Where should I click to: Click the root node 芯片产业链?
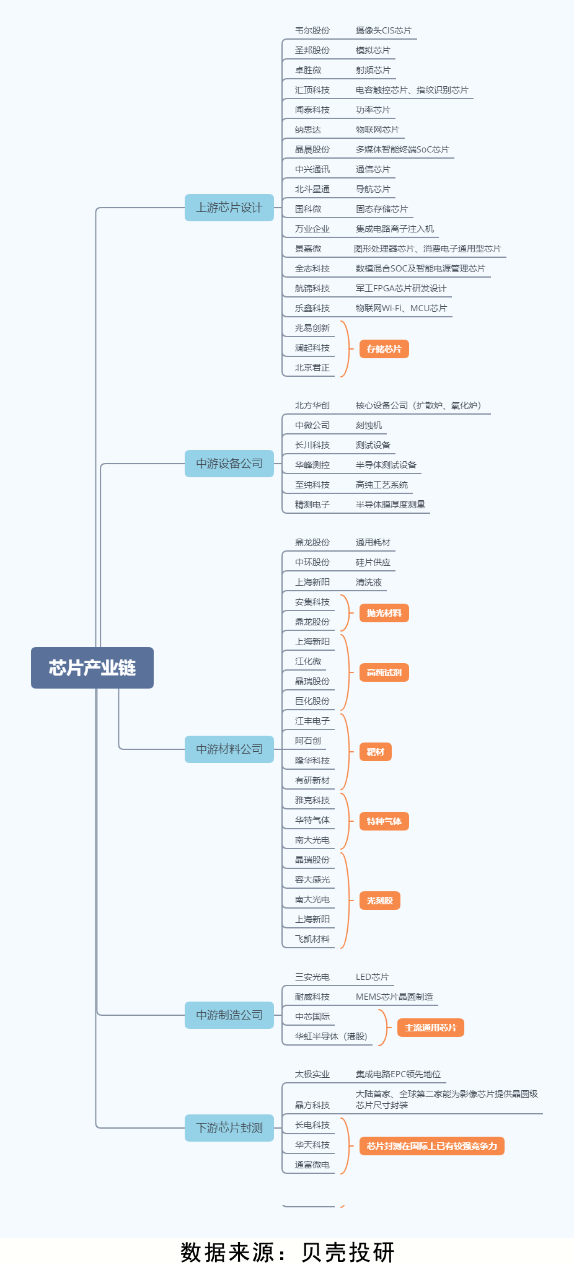pyautogui.click(x=92, y=668)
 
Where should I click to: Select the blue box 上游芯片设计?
pyautogui.click(x=229, y=208)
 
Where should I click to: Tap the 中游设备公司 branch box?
pyautogui.click(x=229, y=464)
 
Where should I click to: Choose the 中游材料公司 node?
pyautogui.click(x=229, y=749)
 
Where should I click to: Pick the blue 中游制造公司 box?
pyautogui.click(x=229, y=1015)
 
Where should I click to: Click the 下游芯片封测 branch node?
pyautogui.click(x=229, y=1128)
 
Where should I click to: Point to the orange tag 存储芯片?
pyautogui.click(x=384, y=349)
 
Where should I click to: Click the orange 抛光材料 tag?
pyautogui.click(x=384, y=613)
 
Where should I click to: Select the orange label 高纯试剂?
pyautogui.click(x=384, y=672)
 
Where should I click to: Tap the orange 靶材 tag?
pyautogui.click(x=375, y=752)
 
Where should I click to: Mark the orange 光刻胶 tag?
pyautogui.click(x=379, y=901)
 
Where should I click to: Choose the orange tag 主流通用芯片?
pyautogui.click(x=430, y=1028)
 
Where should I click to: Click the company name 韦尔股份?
pyautogui.click(x=312, y=30)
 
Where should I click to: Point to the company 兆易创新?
pyautogui.click(x=312, y=328)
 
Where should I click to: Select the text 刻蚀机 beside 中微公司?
pyautogui.click(x=369, y=425)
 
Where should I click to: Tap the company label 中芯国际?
pyautogui.click(x=312, y=1016)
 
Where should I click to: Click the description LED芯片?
pyautogui.click(x=372, y=977)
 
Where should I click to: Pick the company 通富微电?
pyautogui.click(x=312, y=1165)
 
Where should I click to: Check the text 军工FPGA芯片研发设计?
pyautogui.click(x=401, y=288)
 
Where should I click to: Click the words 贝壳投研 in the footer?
pyautogui.click(x=348, y=1252)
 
